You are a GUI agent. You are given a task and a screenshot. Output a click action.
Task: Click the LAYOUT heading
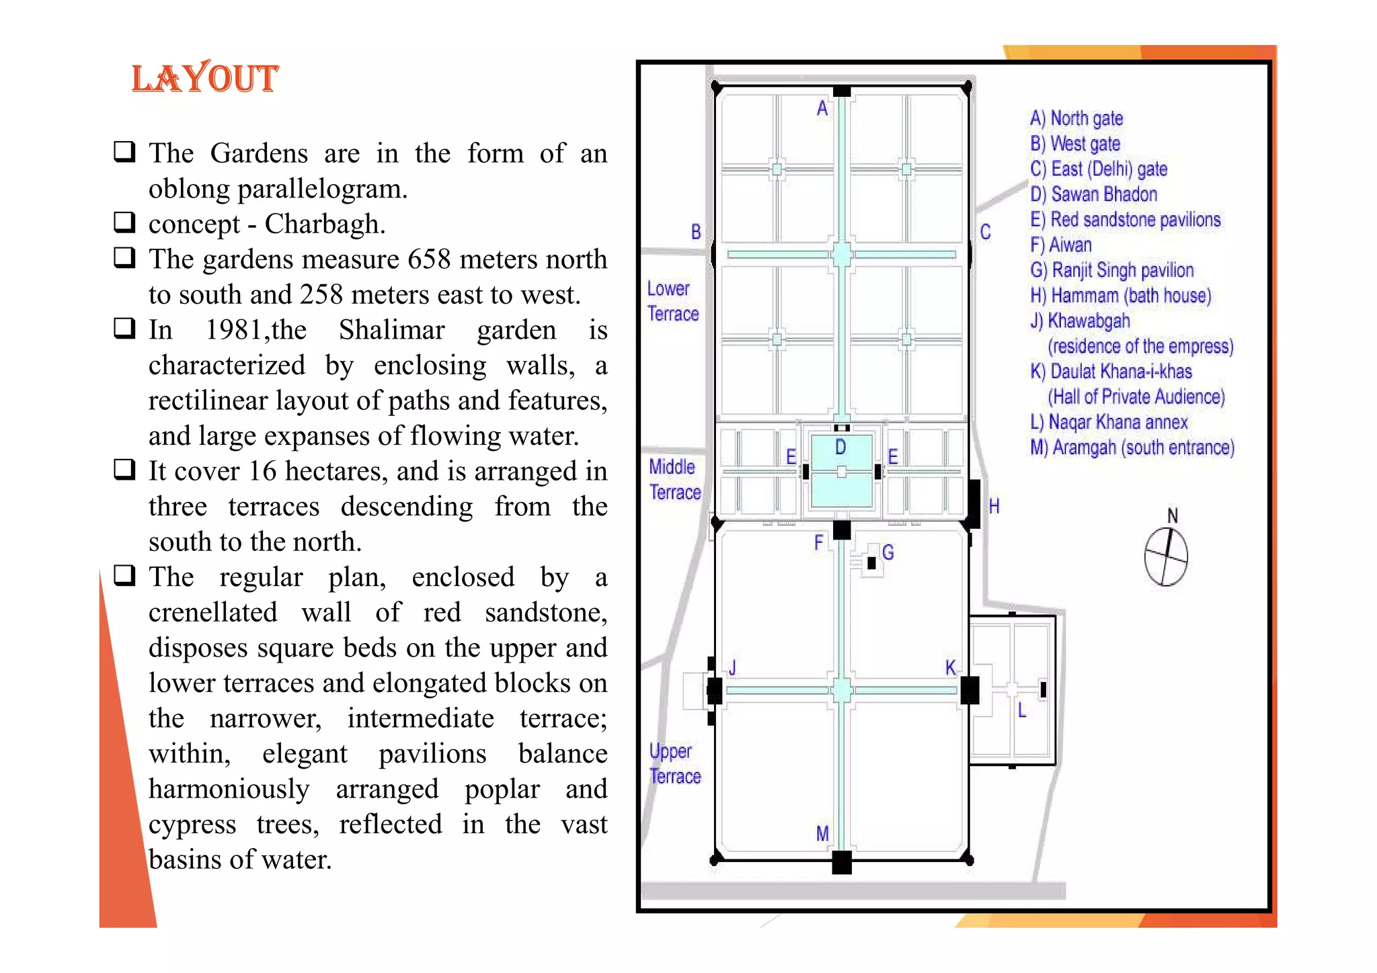pos(204,78)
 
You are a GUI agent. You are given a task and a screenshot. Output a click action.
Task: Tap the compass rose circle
pos(1166,557)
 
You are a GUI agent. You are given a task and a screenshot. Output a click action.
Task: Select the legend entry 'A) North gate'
pos(1076,119)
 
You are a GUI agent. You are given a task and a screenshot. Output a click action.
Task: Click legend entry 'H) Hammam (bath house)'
pos(1120,296)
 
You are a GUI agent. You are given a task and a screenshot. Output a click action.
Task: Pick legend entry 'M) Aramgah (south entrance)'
pos(1132,448)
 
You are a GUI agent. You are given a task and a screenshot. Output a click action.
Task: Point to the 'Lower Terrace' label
pos(672,301)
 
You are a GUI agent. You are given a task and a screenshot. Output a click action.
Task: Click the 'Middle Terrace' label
pos(674,479)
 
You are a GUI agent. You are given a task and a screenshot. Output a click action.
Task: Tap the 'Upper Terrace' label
pos(674,763)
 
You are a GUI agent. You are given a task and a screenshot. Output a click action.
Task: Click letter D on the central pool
pos(840,448)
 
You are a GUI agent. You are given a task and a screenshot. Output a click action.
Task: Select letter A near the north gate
pos(822,108)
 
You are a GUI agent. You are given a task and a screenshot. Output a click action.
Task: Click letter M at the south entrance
pos(822,834)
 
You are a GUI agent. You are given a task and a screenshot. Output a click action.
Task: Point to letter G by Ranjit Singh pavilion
pos(888,552)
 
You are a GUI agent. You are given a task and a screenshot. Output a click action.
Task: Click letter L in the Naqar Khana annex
pos(1022,710)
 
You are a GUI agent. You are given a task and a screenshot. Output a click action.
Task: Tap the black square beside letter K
pos(970,690)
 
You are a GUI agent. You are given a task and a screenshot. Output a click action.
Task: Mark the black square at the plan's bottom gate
pos(842,861)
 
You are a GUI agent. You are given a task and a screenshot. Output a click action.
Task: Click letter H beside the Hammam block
pos(994,507)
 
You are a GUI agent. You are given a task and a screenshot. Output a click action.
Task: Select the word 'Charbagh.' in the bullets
pos(325,224)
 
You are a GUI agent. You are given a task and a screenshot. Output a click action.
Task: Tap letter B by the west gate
pos(696,232)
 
